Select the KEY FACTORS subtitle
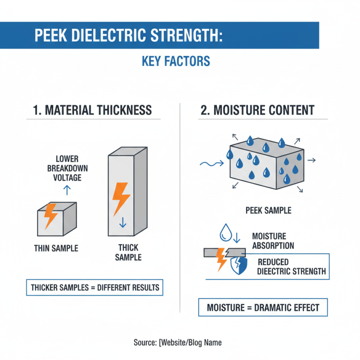click(176, 61)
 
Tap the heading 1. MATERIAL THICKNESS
click(92, 110)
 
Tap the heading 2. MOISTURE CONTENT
click(257, 110)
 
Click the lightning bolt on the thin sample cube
click(50, 216)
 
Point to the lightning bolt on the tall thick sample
click(121, 198)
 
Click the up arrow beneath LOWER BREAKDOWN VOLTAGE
click(67, 190)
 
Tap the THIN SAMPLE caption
click(56, 248)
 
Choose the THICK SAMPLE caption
click(128, 252)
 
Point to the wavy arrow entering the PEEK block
click(211, 165)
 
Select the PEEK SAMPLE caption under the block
click(268, 210)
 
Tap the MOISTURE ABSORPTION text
click(273, 241)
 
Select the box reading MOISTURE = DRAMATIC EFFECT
click(263, 308)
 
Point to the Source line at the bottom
click(178, 342)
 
